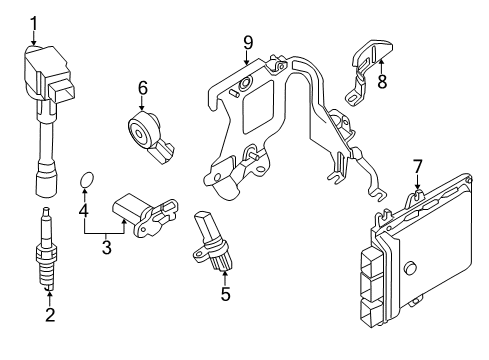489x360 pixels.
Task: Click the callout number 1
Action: point(33,23)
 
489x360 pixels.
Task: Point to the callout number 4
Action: point(84,212)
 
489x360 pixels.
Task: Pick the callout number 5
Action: point(225,294)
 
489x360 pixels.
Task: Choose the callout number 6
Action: point(143,89)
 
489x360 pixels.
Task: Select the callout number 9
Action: point(247,43)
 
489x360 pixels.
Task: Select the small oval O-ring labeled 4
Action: point(87,181)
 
